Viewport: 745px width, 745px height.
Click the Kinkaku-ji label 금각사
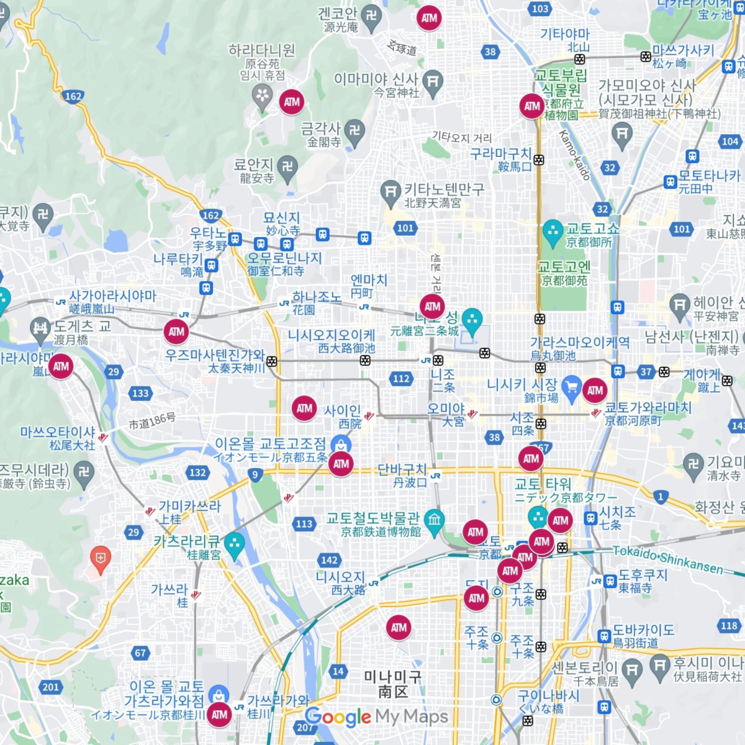pos(320,129)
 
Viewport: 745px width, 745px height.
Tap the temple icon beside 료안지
pos(287,166)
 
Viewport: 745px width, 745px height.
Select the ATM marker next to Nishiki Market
pos(595,391)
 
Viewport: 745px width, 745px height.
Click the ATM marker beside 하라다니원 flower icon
pos(292,102)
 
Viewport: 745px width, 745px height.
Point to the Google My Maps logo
pos(376,717)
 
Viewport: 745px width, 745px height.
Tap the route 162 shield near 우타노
pos(210,215)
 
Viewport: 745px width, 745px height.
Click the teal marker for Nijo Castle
pos(472,320)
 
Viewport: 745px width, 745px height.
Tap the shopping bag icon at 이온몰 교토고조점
pos(341,444)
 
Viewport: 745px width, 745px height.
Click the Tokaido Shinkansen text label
pos(668,559)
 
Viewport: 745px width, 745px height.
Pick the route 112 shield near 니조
pos(401,379)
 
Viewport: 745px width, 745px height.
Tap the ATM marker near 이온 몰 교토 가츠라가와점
pos(219,715)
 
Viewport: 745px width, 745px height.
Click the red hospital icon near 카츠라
pos(100,557)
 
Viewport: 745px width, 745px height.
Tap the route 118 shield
pos(729,626)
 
